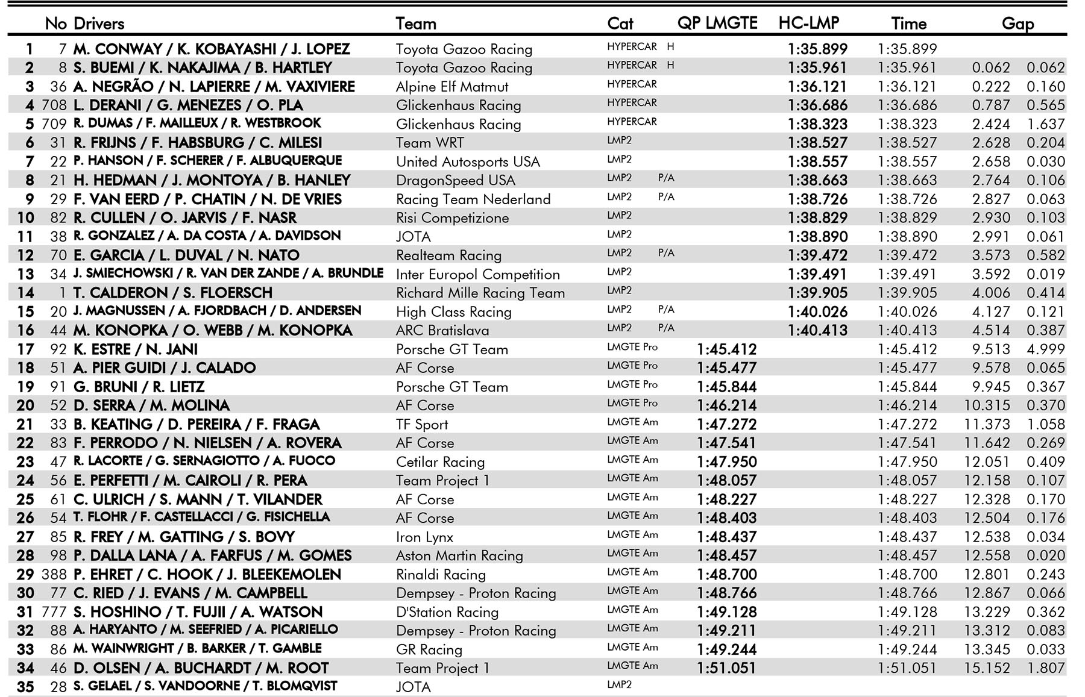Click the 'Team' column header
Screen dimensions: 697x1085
(415, 23)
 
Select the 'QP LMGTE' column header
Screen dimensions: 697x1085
(717, 23)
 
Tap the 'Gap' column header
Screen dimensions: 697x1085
(1017, 23)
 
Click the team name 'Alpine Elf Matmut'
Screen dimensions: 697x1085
(451, 87)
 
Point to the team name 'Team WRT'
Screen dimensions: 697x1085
(430, 143)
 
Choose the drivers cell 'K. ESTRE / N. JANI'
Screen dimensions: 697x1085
(136, 349)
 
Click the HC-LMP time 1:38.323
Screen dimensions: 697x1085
(817, 124)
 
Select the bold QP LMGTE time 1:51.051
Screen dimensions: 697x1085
(726, 668)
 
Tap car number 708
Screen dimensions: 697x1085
(54, 105)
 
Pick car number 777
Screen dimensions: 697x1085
(54, 612)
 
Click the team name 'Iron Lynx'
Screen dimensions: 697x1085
(424, 537)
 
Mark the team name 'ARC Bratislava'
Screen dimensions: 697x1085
(442, 330)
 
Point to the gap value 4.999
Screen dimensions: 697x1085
(1046, 349)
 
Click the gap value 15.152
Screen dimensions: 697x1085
(987, 668)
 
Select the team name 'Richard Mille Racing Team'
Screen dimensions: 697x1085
(480, 293)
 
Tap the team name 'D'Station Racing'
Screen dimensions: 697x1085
(447, 612)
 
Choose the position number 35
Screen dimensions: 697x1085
(25, 687)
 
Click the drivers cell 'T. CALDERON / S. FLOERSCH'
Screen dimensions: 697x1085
(173, 293)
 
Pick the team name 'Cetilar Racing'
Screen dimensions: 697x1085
(440, 462)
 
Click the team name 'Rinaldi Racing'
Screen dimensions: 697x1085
(441, 575)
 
